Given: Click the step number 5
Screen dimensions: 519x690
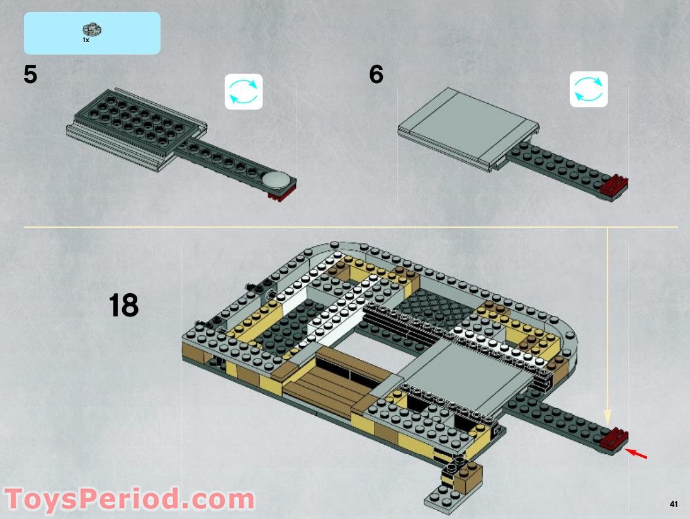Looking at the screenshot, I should pos(30,75).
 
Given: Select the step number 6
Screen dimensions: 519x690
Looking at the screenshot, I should pos(376,75).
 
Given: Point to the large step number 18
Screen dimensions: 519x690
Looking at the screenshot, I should pos(123,306).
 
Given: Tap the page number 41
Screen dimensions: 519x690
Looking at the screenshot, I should pos(673,504).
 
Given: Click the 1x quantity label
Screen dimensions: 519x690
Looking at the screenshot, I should pos(86,40).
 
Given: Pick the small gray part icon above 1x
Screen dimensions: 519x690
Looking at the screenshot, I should pos(92,29).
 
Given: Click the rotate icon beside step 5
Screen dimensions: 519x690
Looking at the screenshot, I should pos(244,91).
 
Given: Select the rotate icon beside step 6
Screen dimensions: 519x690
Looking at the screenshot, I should pos(589,89).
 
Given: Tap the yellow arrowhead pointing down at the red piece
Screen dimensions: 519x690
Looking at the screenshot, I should pos(608,417).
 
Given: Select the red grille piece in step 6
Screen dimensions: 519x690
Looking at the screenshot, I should pos(614,186).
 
